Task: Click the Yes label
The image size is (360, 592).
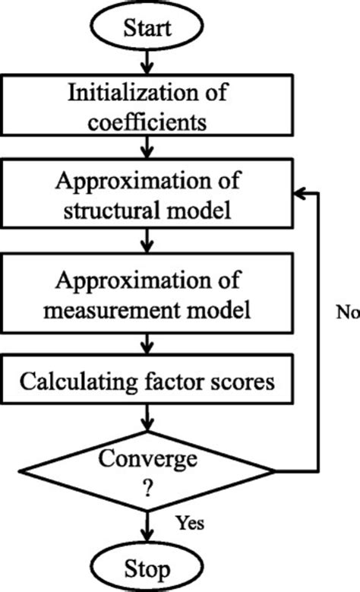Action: coord(189,523)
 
